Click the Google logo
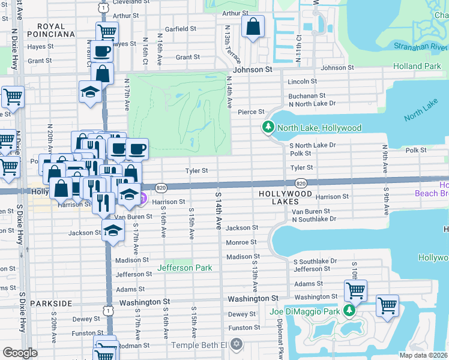point(20,353)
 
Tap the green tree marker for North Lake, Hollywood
point(268,127)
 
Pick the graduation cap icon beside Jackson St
point(112,230)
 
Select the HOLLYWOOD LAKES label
point(285,194)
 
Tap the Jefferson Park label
point(185,268)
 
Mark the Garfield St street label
point(181,29)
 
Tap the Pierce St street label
point(251,112)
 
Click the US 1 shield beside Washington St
point(107,311)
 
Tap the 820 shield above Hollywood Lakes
point(301,182)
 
